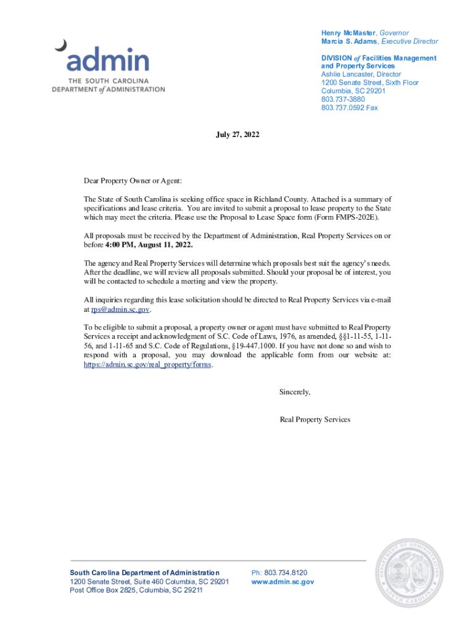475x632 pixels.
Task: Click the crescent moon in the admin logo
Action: tap(60, 45)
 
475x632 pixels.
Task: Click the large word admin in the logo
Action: tap(108, 61)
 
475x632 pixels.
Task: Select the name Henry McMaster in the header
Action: tap(348, 33)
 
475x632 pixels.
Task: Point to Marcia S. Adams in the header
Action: tap(349, 41)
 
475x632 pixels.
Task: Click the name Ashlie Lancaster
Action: tap(347, 74)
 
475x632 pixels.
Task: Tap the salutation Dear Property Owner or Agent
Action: tap(133, 181)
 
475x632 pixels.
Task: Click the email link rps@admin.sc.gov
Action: tap(120, 309)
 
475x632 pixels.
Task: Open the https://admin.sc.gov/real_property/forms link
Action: tap(148, 364)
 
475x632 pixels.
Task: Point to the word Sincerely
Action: tap(295, 392)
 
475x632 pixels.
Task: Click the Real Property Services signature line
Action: tap(315, 419)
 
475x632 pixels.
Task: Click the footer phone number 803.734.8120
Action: tap(286, 573)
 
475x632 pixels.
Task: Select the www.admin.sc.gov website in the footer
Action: tap(283, 581)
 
